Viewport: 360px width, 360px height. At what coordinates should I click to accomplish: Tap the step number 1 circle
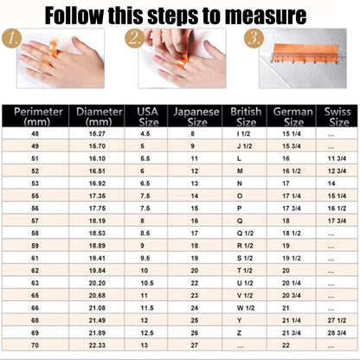10,38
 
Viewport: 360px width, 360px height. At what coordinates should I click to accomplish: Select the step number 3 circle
252,38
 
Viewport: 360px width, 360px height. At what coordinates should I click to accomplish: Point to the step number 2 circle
134,38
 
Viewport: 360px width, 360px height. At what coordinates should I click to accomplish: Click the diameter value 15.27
92,134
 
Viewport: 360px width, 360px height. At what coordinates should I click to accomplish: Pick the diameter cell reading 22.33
92,345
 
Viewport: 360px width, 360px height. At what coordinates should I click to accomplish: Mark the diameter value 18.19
92,221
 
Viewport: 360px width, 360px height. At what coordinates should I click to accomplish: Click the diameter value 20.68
92,295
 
